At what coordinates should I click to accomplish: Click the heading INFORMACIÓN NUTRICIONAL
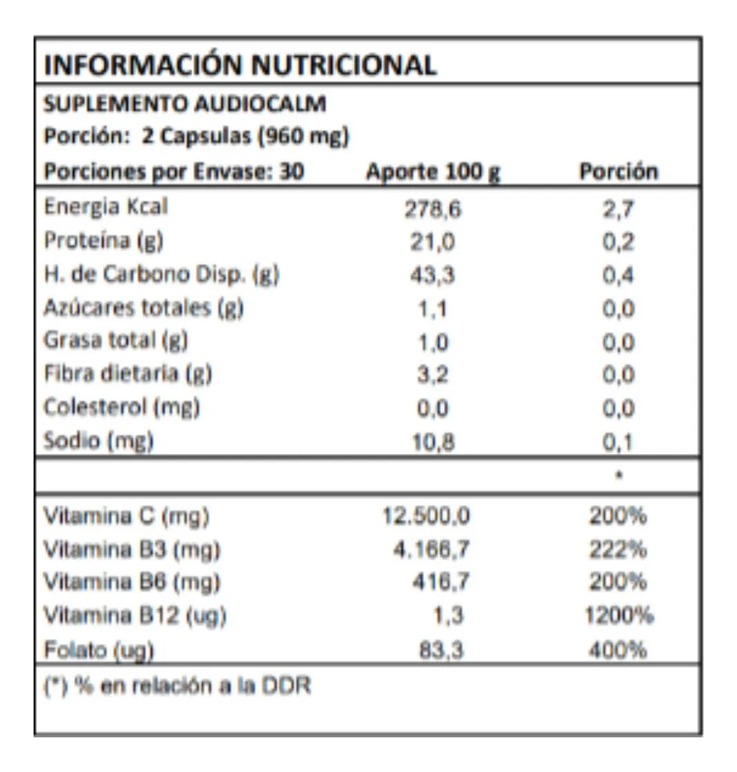pyautogui.click(x=240, y=65)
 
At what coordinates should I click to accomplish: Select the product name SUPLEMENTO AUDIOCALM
pyautogui.click(x=184, y=104)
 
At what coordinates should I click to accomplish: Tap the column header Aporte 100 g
pyautogui.click(x=433, y=171)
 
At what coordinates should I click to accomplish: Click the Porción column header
pyautogui.click(x=618, y=171)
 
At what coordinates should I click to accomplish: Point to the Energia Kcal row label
pyautogui.click(x=106, y=207)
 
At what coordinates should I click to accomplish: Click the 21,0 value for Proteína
pyautogui.click(x=433, y=243)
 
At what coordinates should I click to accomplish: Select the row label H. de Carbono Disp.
pyautogui.click(x=161, y=274)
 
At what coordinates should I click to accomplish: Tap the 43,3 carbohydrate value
pyautogui.click(x=433, y=276)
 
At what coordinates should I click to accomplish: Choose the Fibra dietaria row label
pyautogui.click(x=127, y=374)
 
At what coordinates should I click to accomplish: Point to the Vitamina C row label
pyautogui.click(x=126, y=516)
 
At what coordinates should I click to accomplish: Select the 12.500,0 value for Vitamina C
pyautogui.click(x=427, y=516)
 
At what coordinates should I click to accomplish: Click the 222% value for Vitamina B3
pyautogui.click(x=618, y=550)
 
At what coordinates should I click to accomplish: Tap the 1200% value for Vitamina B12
pyautogui.click(x=618, y=615)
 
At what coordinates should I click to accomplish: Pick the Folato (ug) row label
pyautogui.click(x=98, y=651)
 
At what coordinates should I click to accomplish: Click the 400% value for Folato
pyautogui.click(x=618, y=651)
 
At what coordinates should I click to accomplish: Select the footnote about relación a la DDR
pyautogui.click(x=177, y=686)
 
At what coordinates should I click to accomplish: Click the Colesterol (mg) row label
pyautogui.click(x=122, y=407)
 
